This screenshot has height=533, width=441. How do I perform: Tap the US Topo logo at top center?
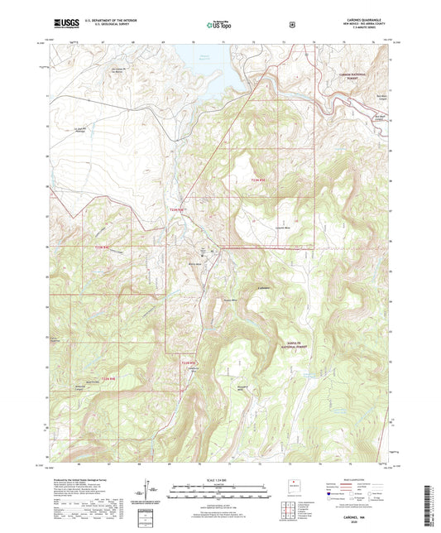point(219,25)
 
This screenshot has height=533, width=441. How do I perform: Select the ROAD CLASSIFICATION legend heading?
point(362,478)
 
